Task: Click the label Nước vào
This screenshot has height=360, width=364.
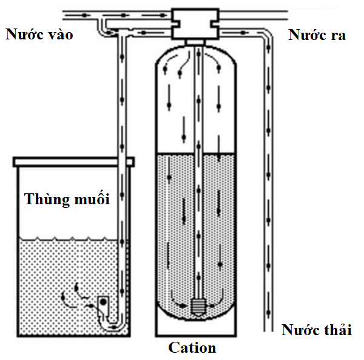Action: [39, 35]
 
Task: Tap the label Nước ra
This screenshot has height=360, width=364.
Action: [317, 35]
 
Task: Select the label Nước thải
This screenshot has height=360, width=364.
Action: [316, 331]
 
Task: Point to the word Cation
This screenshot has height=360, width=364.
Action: [192, 348]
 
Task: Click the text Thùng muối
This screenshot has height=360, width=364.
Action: [67, 199]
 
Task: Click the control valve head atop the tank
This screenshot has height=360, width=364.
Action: [195, 23]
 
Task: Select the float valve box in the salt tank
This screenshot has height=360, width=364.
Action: [104, 301]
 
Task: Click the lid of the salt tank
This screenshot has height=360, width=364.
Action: [73, 161]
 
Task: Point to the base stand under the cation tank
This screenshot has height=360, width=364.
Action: [195, 327]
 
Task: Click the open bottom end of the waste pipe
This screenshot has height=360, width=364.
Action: [267, 330]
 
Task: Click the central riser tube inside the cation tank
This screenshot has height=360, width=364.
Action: [199, 182]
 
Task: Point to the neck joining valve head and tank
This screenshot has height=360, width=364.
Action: [195, 41]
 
